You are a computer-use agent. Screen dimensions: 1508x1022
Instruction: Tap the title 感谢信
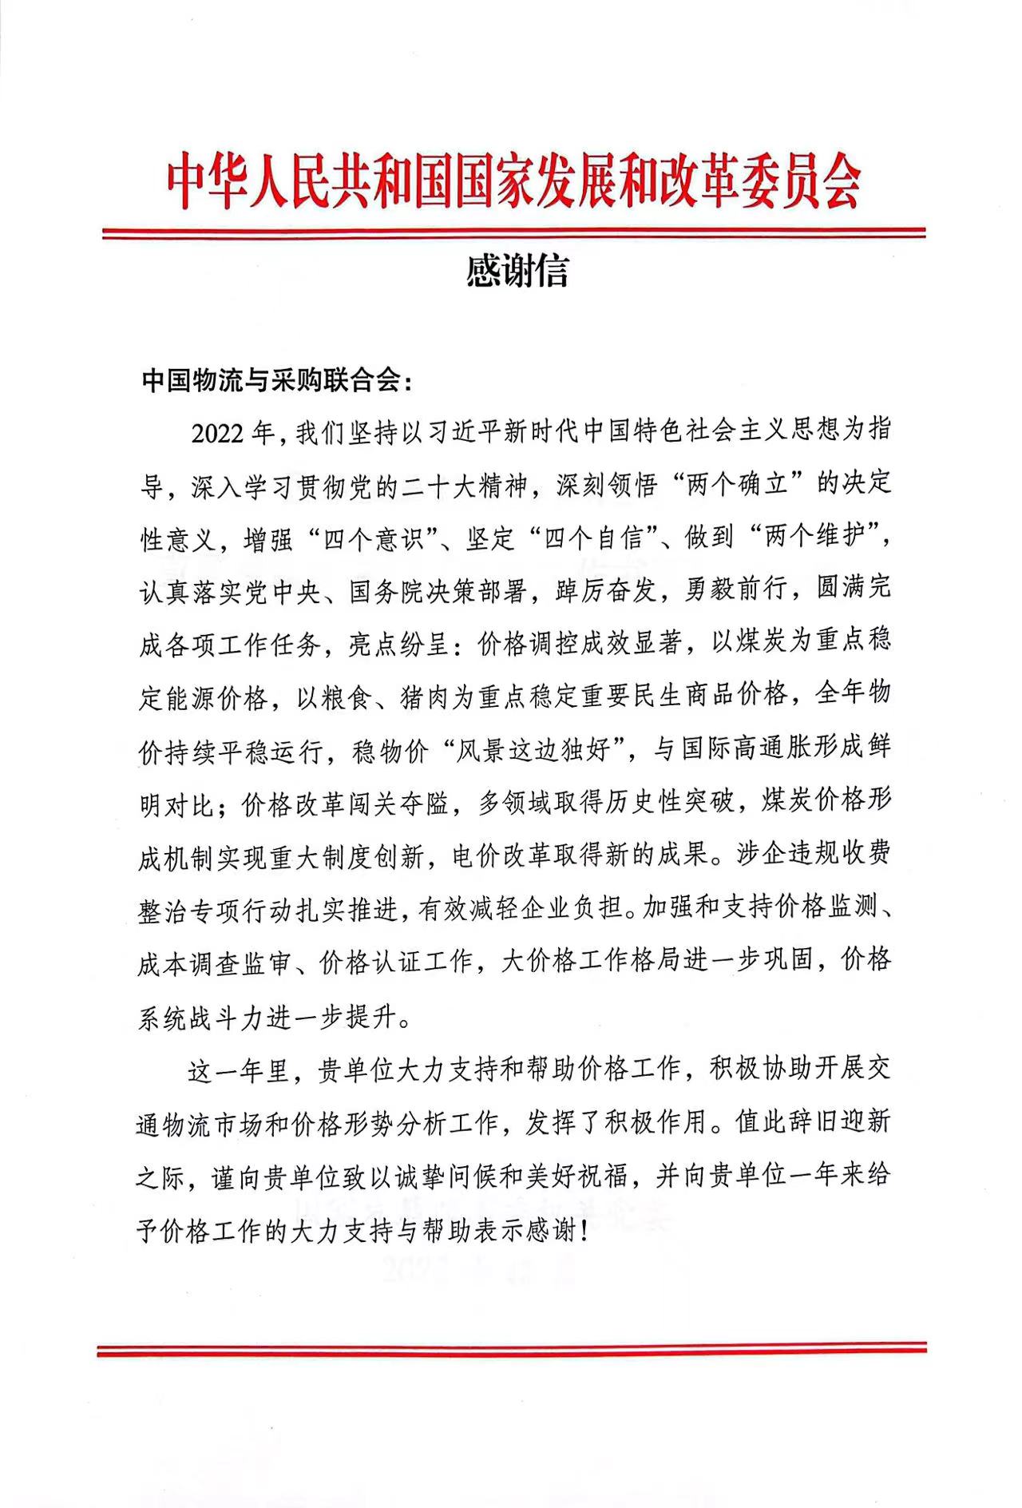pyautogui.click(x=517, y=272)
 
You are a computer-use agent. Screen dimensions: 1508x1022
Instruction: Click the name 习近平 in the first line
pyautogui.click(x=469, y=433)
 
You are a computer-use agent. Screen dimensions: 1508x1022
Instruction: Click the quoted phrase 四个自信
pyautogui.click(x=591, y=538)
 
